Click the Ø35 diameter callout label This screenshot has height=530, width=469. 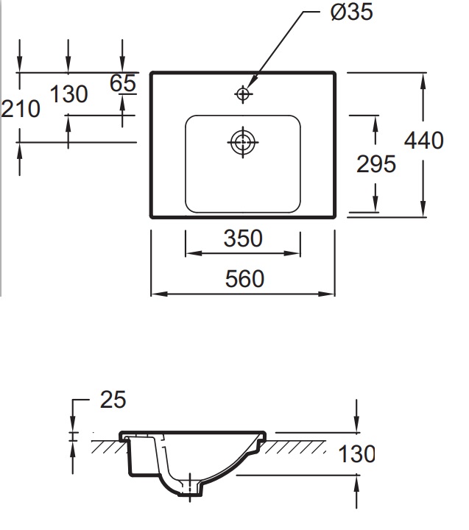352,12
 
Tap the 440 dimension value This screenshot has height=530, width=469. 424,141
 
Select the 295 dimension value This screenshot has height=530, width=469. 376,164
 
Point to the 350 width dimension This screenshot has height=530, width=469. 243,238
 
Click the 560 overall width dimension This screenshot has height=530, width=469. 244,279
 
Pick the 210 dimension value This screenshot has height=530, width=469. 21,109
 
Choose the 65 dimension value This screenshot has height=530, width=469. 123,82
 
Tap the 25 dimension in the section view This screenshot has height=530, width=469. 113,400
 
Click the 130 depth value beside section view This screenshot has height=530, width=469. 356,453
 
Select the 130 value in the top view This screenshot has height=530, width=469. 69,94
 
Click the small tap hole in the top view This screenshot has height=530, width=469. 243,94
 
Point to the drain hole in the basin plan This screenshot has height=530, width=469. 243,142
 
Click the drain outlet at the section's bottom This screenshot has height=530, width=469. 190,490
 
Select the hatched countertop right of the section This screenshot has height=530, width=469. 295,447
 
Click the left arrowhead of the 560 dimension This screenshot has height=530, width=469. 159,294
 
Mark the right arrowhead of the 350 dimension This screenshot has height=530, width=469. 292,253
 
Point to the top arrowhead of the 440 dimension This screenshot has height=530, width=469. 423,81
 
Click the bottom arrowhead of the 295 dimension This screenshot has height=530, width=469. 375,204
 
